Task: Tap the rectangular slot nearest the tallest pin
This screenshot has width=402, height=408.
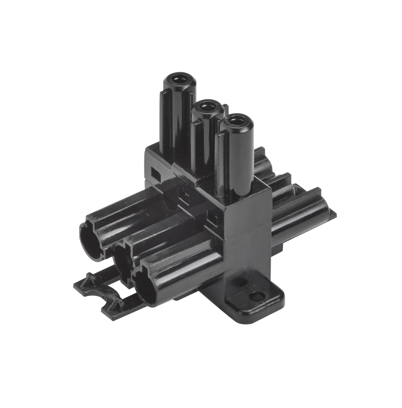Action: click(x=155, y=173)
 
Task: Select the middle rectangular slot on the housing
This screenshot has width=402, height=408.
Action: click(x=185, y=197)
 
